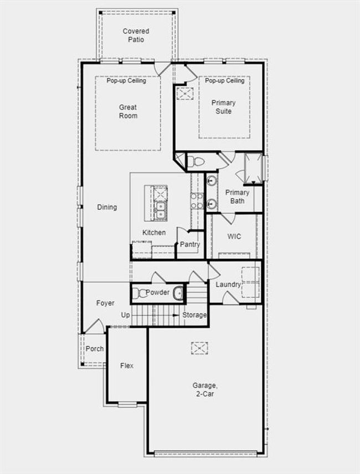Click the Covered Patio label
click(136, 35)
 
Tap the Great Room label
click(128, 111)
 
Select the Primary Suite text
click(224, 106)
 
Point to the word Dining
click(107, 207)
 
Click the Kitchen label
click(154, 232)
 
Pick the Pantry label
click(190, 244)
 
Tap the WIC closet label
click(234, 236)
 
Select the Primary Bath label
click(238, 196)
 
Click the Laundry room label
click(228, 284)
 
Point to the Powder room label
click(158, 292)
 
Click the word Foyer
click(105, 303)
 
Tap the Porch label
click(95, 349)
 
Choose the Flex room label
click(127, 365)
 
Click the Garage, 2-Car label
click(205, 389)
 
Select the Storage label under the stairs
click(194, 315)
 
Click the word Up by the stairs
click(126, 315)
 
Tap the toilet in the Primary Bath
click(196, 162)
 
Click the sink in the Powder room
click(178, 293)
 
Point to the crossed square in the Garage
click(199, 348)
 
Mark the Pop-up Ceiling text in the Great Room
click(126, 81)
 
